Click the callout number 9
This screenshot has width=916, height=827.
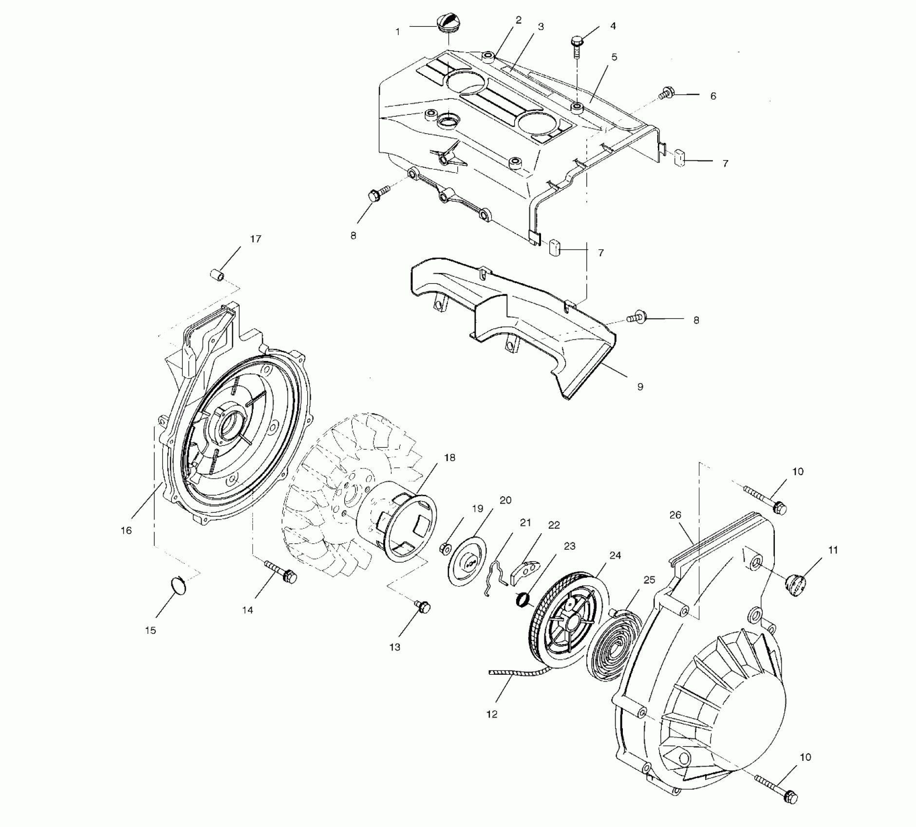point(640,387)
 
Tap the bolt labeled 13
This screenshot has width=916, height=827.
point(422,606)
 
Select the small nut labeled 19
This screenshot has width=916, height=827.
point(445,548)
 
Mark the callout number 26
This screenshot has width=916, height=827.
point(675,515)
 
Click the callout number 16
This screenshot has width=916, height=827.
point(126,530)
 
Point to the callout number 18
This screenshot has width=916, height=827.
point(449,458)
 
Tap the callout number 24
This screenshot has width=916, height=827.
point(616,556)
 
